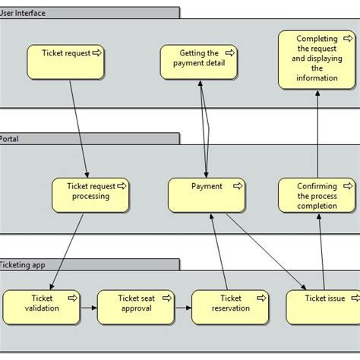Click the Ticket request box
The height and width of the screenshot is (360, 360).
65,62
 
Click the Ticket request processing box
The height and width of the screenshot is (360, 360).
90,194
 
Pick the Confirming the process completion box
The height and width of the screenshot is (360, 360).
316,195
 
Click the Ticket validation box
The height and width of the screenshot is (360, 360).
41,307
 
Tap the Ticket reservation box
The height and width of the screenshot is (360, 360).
229,307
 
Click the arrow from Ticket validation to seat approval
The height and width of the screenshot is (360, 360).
88,308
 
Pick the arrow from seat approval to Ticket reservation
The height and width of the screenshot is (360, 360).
183,308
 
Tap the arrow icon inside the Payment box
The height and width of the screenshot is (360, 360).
238,185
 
